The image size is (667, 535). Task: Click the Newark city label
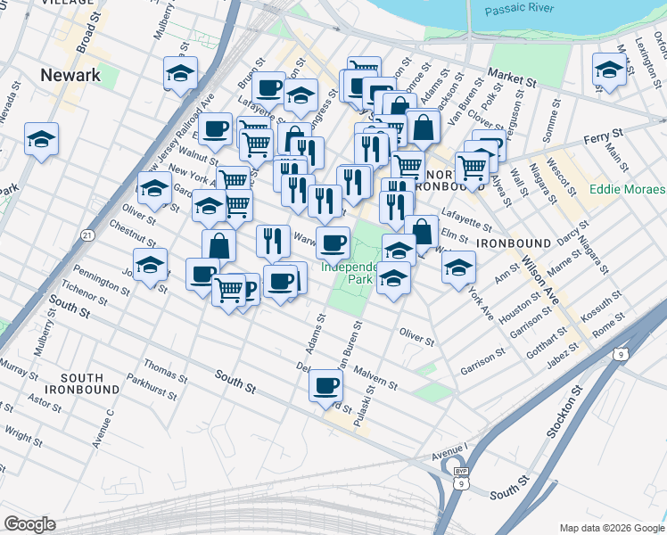coord(70,75)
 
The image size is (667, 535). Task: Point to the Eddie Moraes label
coord(627,190)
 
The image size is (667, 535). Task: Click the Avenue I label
coord(449,451)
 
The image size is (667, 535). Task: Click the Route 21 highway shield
coord(86,235)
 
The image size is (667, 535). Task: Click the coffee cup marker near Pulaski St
coord(325,385)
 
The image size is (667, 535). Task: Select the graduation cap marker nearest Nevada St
coord(41,139)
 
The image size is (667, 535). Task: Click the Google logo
coord(30,524)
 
